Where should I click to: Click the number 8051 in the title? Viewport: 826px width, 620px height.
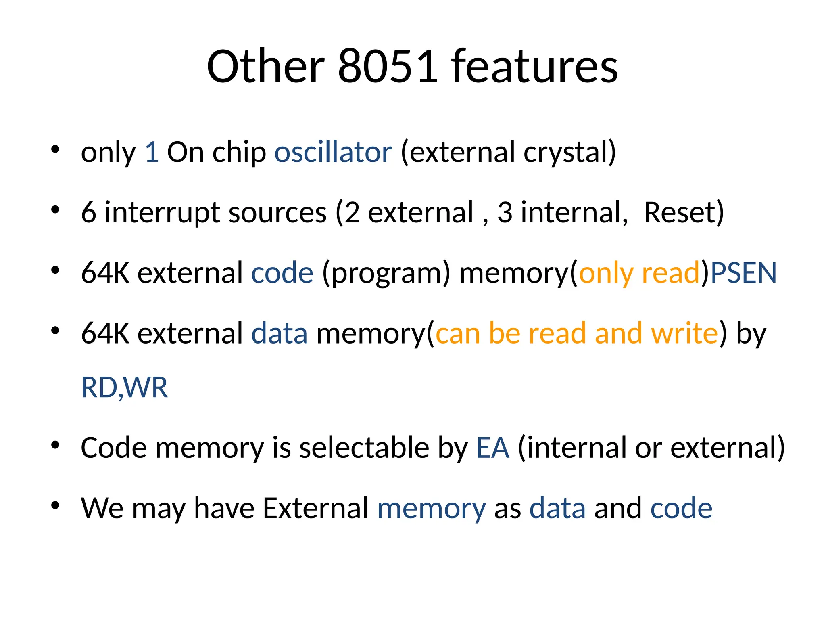[388, 66]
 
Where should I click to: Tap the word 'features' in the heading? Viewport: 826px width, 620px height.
[534, 66]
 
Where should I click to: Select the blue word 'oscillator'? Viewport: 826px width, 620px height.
[333, 152]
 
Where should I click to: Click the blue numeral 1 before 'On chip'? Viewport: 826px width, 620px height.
[152, 152]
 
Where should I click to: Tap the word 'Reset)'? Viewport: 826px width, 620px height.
[684, 213]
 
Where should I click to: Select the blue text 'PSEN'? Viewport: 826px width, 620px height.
[743, 273]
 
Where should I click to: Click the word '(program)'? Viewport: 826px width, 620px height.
[386, 273]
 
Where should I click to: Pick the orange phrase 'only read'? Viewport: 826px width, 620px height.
[639, 273]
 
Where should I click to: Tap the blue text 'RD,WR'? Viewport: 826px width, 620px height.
[124, 388]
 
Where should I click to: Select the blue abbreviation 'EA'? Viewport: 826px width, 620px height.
[492, 448]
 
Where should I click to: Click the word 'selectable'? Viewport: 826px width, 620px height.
[364, 448]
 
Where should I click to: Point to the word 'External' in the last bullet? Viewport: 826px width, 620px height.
[315, 508]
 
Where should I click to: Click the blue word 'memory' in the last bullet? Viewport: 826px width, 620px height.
[432, 508]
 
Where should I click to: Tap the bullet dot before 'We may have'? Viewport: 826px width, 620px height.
[56, 505]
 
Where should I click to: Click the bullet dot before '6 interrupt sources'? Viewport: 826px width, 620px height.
[56, 210]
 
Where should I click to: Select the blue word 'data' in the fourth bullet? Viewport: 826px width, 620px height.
[279, 334]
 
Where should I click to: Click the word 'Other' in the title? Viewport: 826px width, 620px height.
[265, 66]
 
